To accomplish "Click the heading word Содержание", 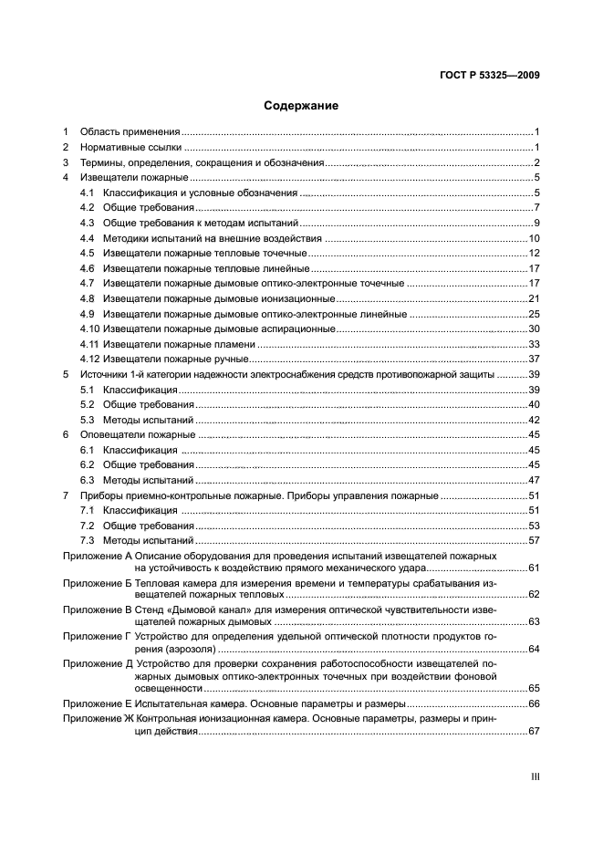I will click(x=301, y=106).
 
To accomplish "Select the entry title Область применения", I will click(x=130, y=132).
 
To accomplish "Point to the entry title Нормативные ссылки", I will click(x=130, y=147).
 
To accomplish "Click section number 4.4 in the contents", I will click(x=88, y=237).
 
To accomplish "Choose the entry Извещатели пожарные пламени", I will click(x=179, y=344).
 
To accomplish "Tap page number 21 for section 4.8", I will click(x=535, y=298).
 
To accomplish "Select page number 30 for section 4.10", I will click(x=535, y=328).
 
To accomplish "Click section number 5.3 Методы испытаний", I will click(x=88, y=420).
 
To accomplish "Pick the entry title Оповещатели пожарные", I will click(x=137, y=435).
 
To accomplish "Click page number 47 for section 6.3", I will click(x=535, y=481).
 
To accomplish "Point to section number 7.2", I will click(x=88, y=526).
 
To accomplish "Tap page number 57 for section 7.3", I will click(x=535, y=541).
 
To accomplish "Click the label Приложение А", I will click(x=97, y=556).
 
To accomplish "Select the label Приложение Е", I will click(x=97, y=704).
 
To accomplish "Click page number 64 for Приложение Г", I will click(x=535, y=649).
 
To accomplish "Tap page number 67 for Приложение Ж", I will click(x=535, y=732).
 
